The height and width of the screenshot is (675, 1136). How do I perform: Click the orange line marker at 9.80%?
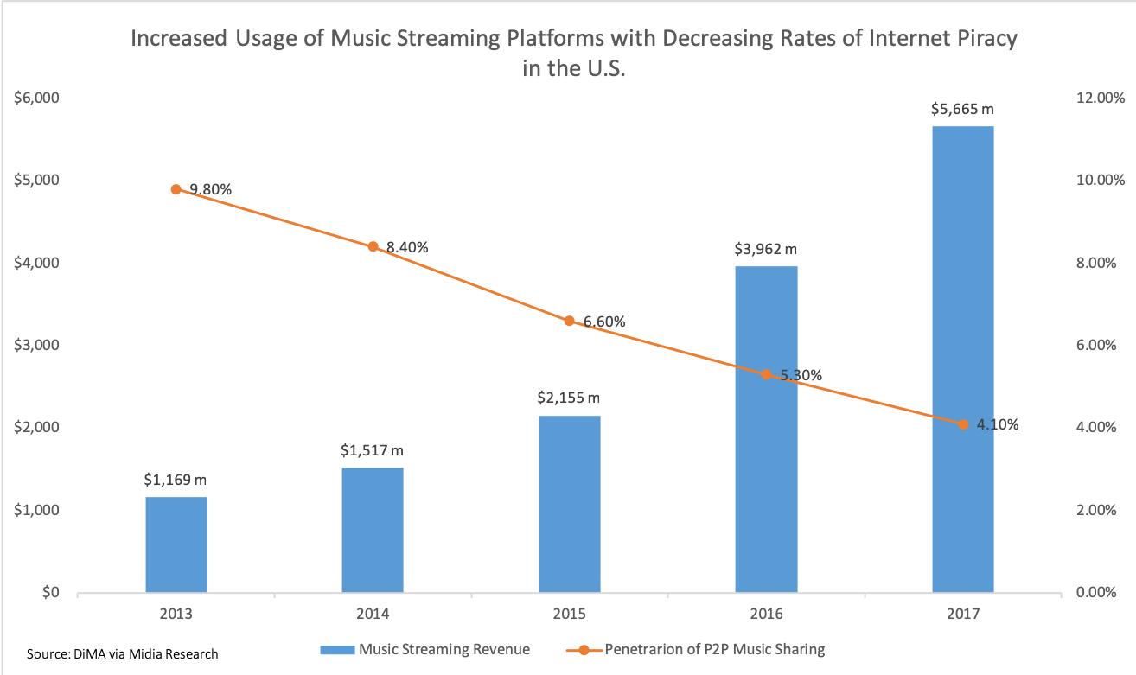(176, 189)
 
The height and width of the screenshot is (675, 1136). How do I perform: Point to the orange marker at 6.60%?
(569, 321)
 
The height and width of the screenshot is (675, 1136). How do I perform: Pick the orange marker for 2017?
(962, 423)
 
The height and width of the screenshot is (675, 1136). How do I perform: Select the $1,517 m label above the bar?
(373, 451)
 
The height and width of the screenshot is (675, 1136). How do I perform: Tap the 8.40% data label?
(407, 247)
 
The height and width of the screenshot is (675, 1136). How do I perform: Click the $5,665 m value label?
(963, 110)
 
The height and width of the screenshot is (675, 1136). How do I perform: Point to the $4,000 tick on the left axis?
(35, 263)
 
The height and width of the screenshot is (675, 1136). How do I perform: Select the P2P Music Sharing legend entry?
(714, 649)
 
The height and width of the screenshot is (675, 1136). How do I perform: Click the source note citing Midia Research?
(123, 653)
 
